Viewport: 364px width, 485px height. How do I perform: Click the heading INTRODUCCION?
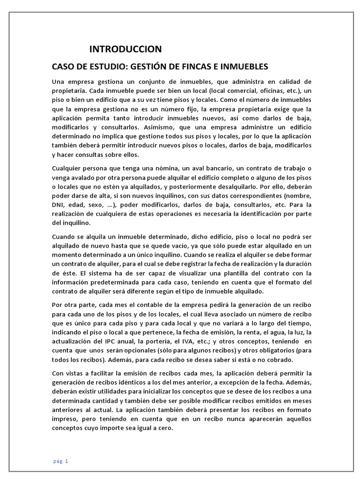coord(126,49)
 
